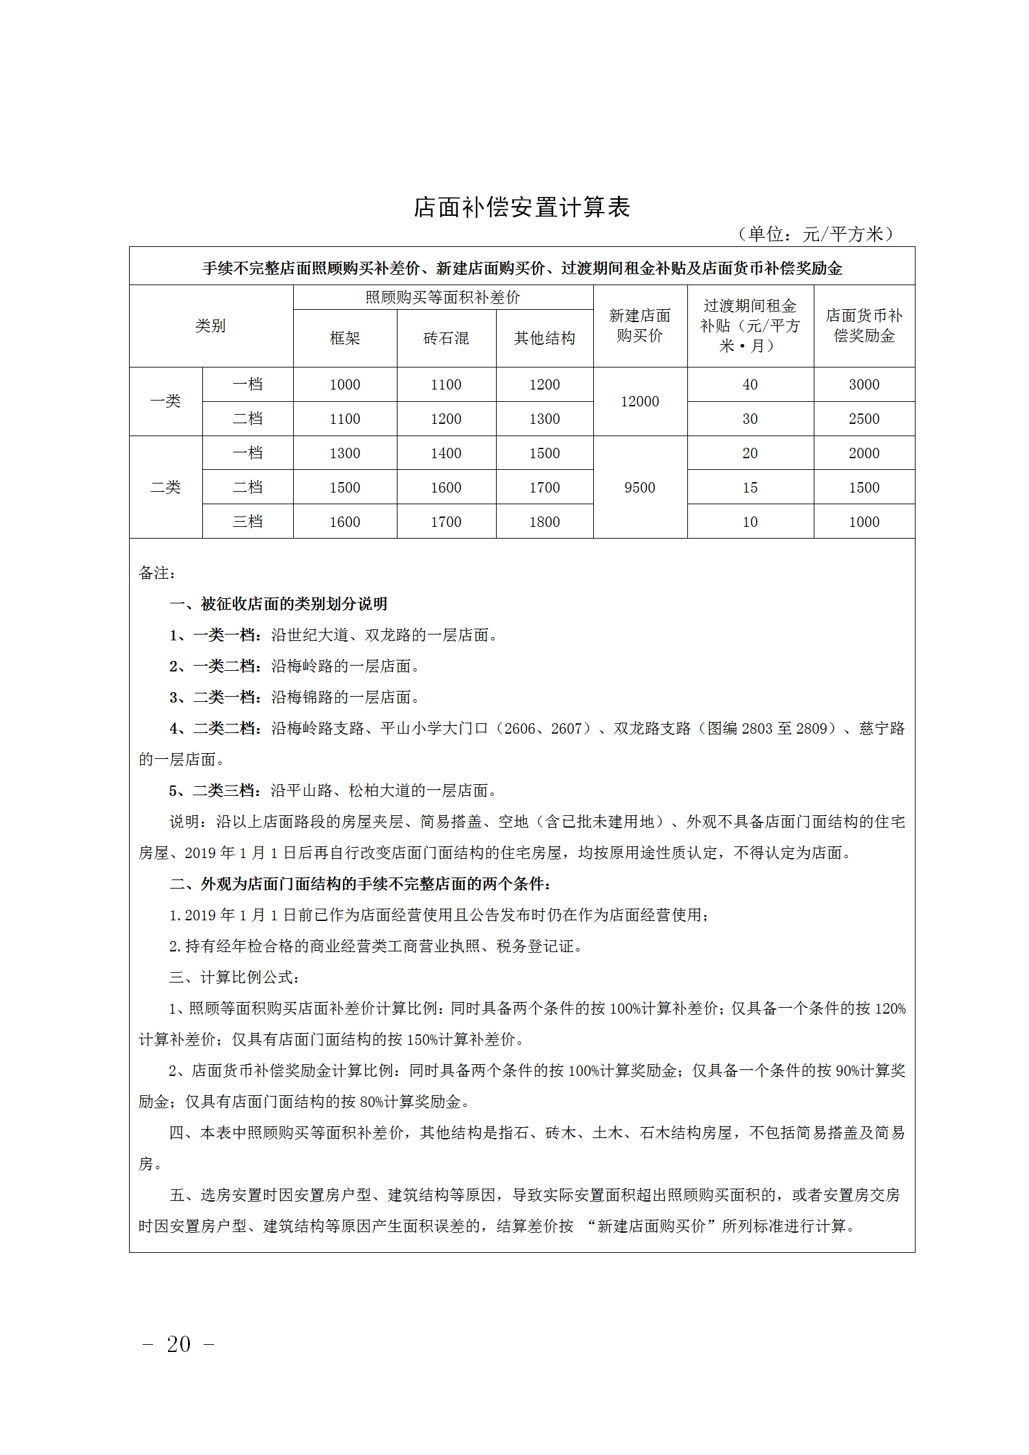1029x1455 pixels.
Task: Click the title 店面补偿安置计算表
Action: pyautogui.click(x=522, y=207)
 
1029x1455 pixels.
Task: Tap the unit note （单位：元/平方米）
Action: pyautogui.click(x=816, y=234)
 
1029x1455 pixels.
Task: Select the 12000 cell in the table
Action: pyautogui.click(x=639, y=402)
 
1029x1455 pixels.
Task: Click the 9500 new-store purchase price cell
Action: pyautogui.click(x=639, y=487)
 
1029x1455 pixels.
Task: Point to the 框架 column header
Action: pyautogui.click(x=344, y=338)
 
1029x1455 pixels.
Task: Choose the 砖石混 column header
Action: pyautogui.click(x=446, y=338)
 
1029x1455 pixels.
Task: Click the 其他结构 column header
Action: pyautogui.click(x=544, y=338)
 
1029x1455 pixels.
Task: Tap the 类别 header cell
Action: pyautogui.click(x=211, y=326)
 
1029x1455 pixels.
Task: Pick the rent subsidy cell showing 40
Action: pyautogui.click(x=750, y=385)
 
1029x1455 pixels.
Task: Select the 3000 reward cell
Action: pyautogui.click(x=864, y=385)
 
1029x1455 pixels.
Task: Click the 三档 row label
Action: pyautogui.click(x=248, y=522)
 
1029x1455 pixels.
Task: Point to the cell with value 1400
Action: pyautogui.click(x=446, y=454)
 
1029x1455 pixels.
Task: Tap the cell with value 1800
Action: pyautogui.click(x=544, y=522)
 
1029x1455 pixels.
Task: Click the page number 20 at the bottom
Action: pyautogui.click(x=178, y=1344)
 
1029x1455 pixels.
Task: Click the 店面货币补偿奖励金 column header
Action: pyautogui.click(x=864, y=326)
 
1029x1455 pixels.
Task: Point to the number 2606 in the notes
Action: pyautogui.click(x=519, y=728)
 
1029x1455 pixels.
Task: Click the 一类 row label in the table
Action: pyautogui.click(x=165, y=402)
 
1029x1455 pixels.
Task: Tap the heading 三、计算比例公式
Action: pyautogui.click(x=233, y=977)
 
